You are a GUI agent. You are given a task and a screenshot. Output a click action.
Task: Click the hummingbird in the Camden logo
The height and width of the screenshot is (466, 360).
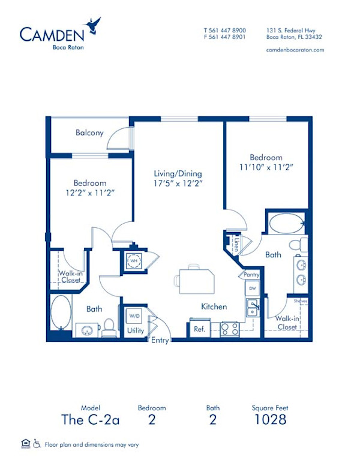93,25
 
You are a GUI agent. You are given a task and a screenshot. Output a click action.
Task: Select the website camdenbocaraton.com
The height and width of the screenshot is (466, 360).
294,50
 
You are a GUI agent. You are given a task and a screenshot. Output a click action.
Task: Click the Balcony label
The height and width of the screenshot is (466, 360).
89,133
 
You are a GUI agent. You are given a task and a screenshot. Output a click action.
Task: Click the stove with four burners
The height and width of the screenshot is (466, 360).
230,329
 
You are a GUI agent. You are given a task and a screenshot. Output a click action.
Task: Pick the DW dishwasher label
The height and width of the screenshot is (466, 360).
252,288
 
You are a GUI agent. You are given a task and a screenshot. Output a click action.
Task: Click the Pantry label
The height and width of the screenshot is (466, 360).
252,275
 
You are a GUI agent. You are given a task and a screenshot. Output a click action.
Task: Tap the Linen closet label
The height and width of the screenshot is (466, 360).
237,245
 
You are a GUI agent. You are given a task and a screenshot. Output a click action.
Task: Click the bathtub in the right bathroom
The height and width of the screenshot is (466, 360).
286,225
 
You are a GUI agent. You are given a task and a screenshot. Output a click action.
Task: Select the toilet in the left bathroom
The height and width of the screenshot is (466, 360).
109,327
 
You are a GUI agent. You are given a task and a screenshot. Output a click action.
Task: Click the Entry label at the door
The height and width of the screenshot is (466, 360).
160,341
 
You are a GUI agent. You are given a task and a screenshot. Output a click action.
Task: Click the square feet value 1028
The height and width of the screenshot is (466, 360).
270,419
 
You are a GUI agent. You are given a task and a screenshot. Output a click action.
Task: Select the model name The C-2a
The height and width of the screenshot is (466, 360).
90,419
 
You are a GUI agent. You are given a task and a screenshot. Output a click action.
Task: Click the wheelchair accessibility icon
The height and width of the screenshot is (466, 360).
37,443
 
